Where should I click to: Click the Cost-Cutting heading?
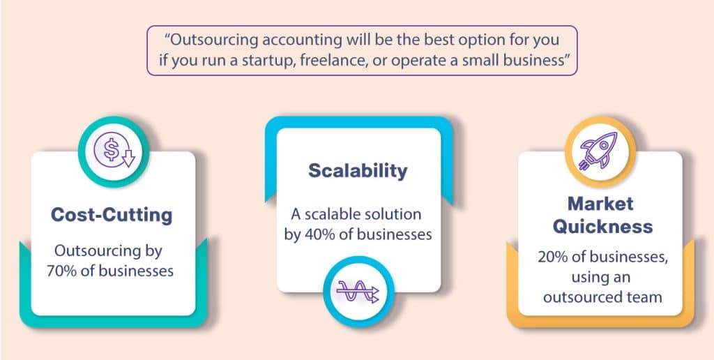pyautogui.click(x=111, y=215)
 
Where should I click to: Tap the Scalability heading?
pyautogui.click(x=358, y=171)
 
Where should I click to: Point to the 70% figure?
pyautogui.click(x=68, y=270)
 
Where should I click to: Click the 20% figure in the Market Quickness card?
pyautogui.click(x=552, y=257)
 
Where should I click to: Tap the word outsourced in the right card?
pyautogui.click(x=582, y=297)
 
